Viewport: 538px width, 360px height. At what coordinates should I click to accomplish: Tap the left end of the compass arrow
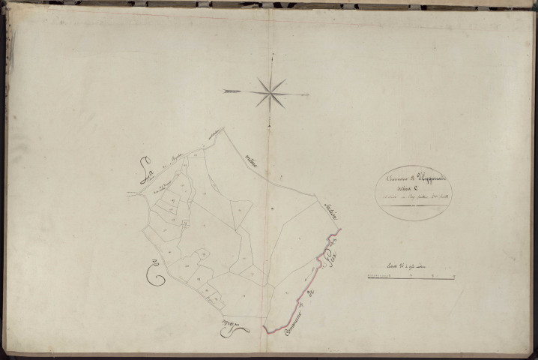coord(223,91)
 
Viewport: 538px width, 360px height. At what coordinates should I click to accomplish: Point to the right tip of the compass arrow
coord(309,94)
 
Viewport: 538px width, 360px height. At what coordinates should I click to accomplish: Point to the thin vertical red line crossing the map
coord(267,225)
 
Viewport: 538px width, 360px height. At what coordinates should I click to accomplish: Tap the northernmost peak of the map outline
coord(223,128)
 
